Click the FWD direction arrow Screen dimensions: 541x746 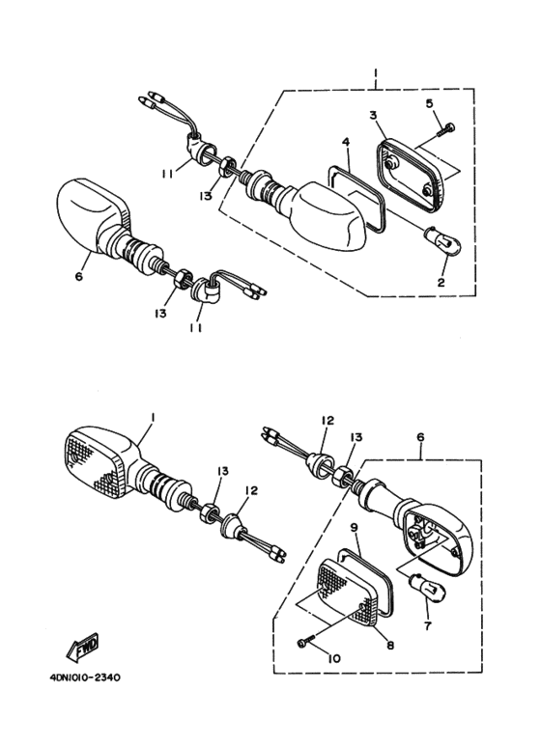coord(82,648)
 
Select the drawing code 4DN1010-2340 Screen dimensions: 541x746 coord(85,677)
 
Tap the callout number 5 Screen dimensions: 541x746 coord(429,103)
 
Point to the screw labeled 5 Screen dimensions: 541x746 coord(445,128)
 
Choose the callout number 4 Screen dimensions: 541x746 coord(346,142)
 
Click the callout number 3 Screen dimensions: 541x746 coord(373,115)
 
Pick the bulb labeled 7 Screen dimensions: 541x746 coord(428,587)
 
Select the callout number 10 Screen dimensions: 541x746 coord(334,659)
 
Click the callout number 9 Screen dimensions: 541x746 coord(354,528)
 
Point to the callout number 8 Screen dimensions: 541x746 coord(390,646)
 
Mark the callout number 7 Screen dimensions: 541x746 coord(427,626)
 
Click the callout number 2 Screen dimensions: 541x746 coord(441,283)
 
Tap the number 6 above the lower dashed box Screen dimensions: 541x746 coord(420,437)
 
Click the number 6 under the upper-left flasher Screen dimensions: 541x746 coord(79,276)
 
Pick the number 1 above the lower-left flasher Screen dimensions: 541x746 coord(153,417)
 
